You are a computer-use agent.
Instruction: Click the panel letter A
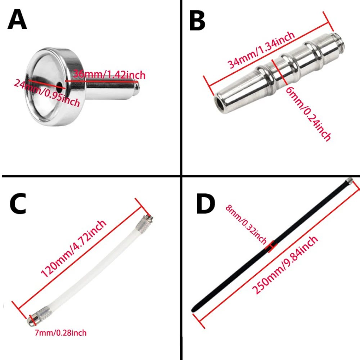click(17, 19)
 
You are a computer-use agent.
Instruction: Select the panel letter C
click(18, 204)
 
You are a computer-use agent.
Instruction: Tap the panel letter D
click(206, 204)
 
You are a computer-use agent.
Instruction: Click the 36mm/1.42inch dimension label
click(109, 75)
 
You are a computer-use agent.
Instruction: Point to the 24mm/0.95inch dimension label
click(47, 93)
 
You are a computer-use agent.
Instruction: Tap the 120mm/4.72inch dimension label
click(73, 249)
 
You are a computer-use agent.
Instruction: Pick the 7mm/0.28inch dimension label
click(60, 333)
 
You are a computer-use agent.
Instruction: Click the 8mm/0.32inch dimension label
click(246, 224)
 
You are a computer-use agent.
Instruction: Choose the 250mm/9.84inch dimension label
click(285, 265)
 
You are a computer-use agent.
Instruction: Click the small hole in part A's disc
click(60, 85)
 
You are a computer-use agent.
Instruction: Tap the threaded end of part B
click(338, 41)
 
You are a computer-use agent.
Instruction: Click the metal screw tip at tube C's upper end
click(148, 219)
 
